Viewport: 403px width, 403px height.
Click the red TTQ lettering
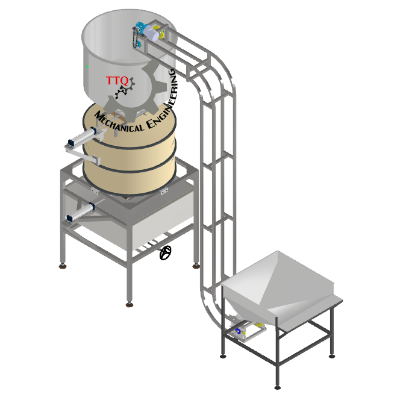click(117, 81)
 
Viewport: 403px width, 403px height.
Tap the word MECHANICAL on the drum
click(119, 122)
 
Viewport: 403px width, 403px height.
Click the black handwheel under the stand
click(166, 252)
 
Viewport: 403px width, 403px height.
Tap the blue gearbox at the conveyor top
click(141, 27)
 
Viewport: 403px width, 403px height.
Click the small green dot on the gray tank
click(87, 67)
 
